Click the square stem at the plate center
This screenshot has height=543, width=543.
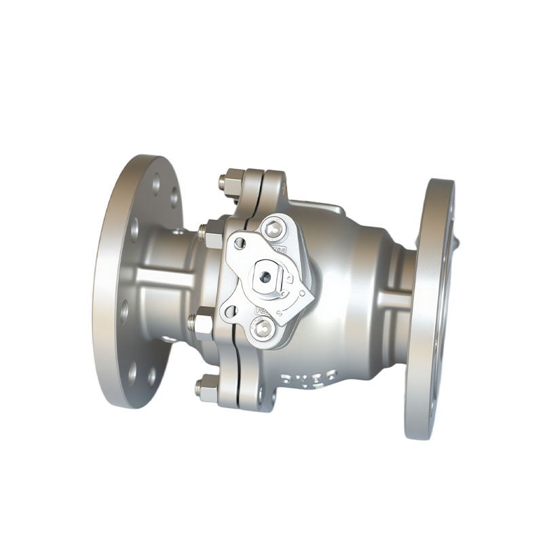265,276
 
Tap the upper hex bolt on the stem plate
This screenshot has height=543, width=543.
273,229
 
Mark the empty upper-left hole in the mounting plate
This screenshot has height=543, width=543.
239,242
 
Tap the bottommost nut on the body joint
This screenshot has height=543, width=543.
206,389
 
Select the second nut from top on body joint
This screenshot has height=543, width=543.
211,235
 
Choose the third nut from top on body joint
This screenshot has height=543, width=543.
202,322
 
